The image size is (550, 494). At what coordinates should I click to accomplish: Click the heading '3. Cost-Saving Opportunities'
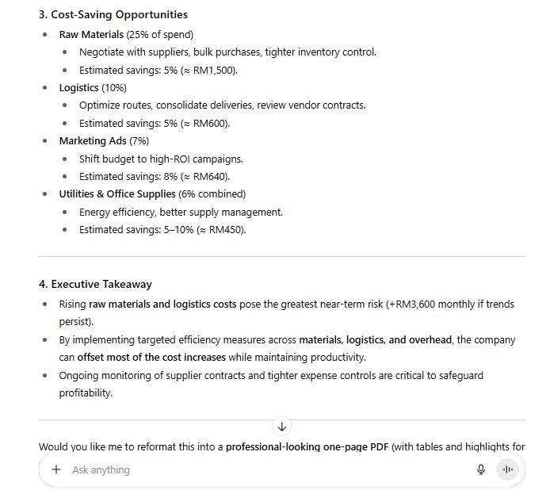(x=119, y=14)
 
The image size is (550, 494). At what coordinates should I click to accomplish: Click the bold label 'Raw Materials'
(x=91, y=35)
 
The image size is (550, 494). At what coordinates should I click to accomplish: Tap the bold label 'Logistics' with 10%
(x=78, y=88)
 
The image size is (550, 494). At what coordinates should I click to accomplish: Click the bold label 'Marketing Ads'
(x=93, y=141)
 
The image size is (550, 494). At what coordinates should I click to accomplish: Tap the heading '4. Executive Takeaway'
(x=101, y=284)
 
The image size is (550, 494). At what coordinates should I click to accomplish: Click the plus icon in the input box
(x=56, y=469)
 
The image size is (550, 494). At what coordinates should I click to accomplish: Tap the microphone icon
(x=481, y=469)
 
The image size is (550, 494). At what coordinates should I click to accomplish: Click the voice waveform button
(x=507, y=469)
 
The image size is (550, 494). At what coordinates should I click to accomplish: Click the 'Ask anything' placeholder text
(x=101, y=469)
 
